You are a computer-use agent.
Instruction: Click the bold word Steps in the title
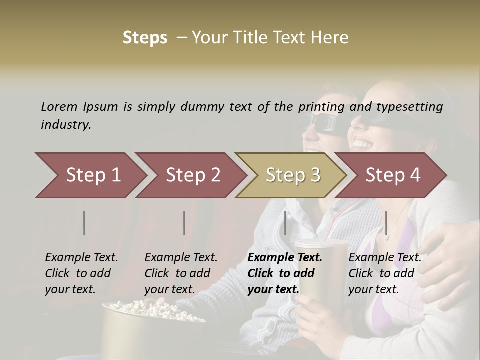tap(145, 38)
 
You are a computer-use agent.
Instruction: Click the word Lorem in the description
tap(59, 106)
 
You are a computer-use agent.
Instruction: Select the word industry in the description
tap(66, 125)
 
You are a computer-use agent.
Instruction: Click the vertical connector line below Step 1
tap(84, 223)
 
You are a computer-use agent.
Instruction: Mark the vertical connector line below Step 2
tap(184, 223)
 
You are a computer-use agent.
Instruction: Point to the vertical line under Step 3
tap(285, 223)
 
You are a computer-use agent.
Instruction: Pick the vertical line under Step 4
tap(386, 223)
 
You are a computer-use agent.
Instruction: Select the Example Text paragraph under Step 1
tap(81, 273)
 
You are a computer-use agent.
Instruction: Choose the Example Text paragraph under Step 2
tap(181, 273)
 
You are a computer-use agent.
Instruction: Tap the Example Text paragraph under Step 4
tap(385, 273)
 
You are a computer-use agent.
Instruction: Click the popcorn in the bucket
tap(150, 309)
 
